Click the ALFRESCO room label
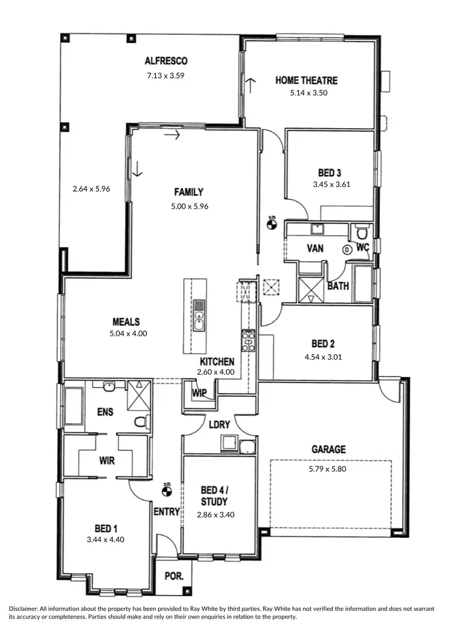pos(166,61)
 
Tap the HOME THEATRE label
pos(306,80)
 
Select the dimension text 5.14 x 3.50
pos(308,93)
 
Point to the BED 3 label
pos(331,173)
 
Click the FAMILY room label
pos(188,192)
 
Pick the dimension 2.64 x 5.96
pos(91,188)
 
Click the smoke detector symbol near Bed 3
pos(272,225)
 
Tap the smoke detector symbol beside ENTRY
pos(167,491)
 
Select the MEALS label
pos(126,322)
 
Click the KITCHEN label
pos(217,362)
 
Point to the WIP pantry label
pos(199,393)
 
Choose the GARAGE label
pos(328,449)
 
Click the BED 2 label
pos(323,344)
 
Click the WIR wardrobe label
pos(107,461)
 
